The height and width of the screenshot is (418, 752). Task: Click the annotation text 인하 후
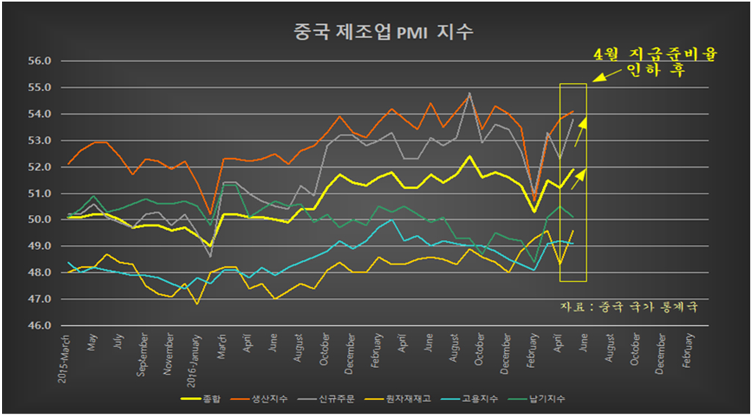click(653, 72)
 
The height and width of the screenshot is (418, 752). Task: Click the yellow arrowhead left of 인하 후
click(597, 76)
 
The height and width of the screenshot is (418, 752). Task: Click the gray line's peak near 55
click(469, 93)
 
